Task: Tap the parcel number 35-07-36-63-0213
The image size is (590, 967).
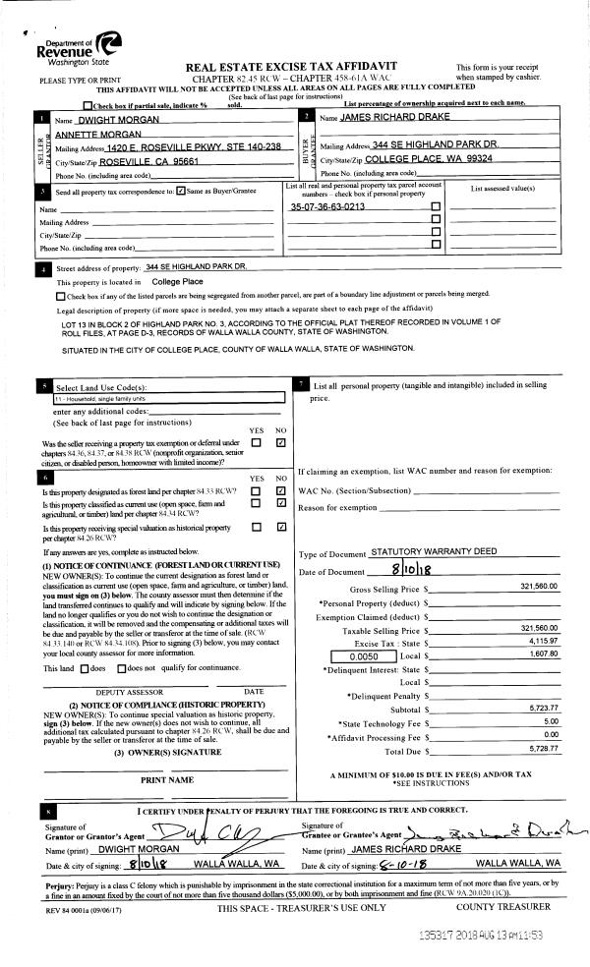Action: (327, 207)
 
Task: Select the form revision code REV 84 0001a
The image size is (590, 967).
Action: (69, 909)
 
